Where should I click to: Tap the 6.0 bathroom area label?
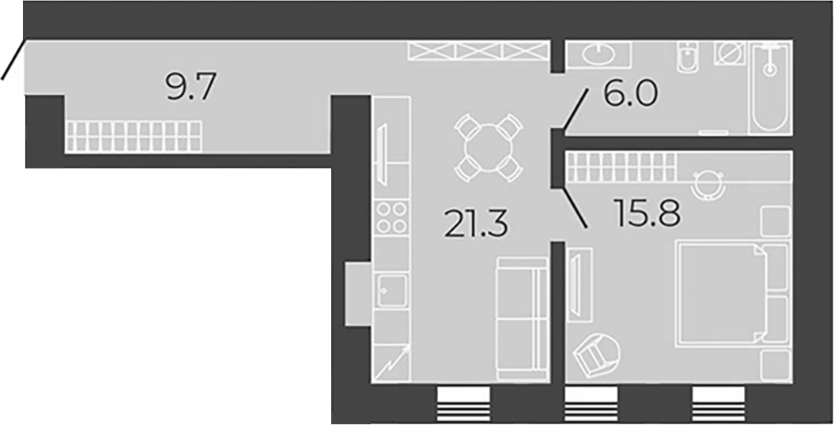point(630,94)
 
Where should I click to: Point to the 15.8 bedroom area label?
point(647,212)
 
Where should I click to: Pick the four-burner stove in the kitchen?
point(392,216)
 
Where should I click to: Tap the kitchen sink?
point(392,291)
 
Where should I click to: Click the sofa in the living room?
point(522,319)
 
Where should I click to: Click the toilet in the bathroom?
point(688,58)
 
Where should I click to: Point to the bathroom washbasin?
point(599,55)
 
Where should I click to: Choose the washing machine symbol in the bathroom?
point(729,54)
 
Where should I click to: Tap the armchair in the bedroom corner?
point(597,355)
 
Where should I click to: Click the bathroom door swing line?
point(575,110)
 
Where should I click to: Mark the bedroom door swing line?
point(574,208)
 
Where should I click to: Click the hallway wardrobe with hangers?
point(134,137)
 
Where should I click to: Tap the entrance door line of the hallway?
point(13,58)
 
